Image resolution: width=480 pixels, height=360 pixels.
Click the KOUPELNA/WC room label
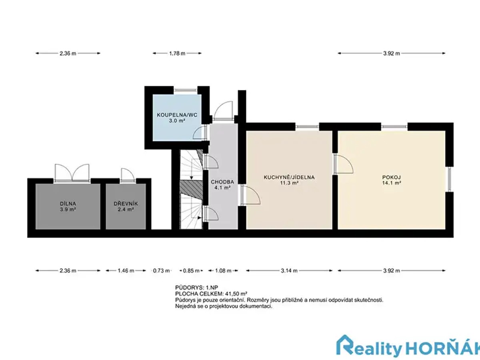point(177,115)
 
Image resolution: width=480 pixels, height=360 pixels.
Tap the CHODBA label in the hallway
point(222,182)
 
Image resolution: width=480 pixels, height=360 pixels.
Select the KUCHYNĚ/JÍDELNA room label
point(289,177)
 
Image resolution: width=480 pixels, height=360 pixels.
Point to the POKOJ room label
point(392,177)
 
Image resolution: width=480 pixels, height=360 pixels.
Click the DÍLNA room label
point(68,204)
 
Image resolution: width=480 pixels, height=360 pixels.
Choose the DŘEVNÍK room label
point(126,204)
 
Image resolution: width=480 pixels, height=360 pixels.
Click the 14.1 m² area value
point(392,183)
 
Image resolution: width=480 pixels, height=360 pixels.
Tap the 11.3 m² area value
point(289,183)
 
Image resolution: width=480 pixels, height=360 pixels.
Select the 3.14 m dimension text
point(289,271)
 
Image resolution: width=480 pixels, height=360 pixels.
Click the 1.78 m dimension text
point(177,53)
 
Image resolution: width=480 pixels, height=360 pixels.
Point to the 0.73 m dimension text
point(161,271)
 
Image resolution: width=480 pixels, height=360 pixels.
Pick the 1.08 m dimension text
point(223,271)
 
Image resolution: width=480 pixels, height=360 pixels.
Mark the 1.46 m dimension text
point(126,271)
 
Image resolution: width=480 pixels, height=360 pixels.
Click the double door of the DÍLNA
point(72,173)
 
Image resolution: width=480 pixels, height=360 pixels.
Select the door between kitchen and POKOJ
point(343,164)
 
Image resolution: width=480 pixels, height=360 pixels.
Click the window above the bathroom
point(186,90)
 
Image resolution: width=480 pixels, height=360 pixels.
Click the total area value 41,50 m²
point(236,294)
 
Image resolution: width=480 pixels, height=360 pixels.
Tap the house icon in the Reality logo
point(345,347)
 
